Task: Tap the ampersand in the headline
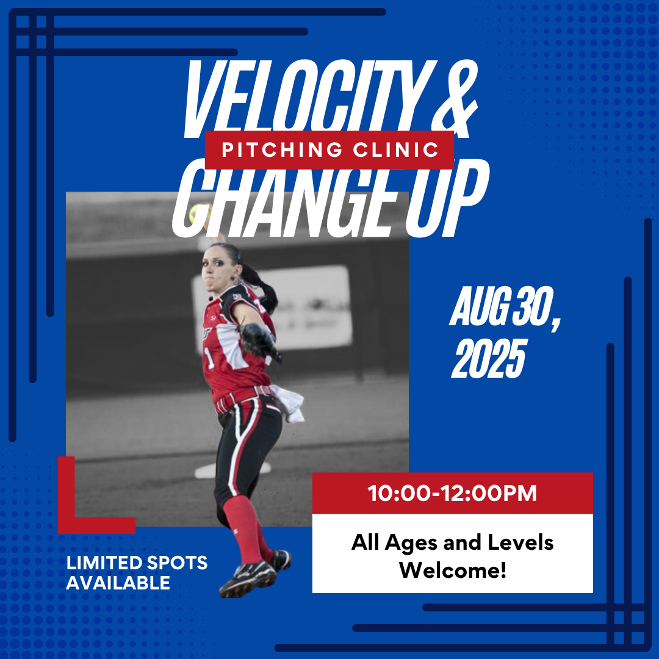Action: point(455,99)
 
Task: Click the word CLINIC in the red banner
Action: point(396,149)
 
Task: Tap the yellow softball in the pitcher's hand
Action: point(198,214)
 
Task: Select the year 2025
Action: point(489,359)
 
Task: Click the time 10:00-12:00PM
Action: point(452,493)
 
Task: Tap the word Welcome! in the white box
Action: point(453,571)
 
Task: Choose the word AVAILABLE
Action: point(118,583)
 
